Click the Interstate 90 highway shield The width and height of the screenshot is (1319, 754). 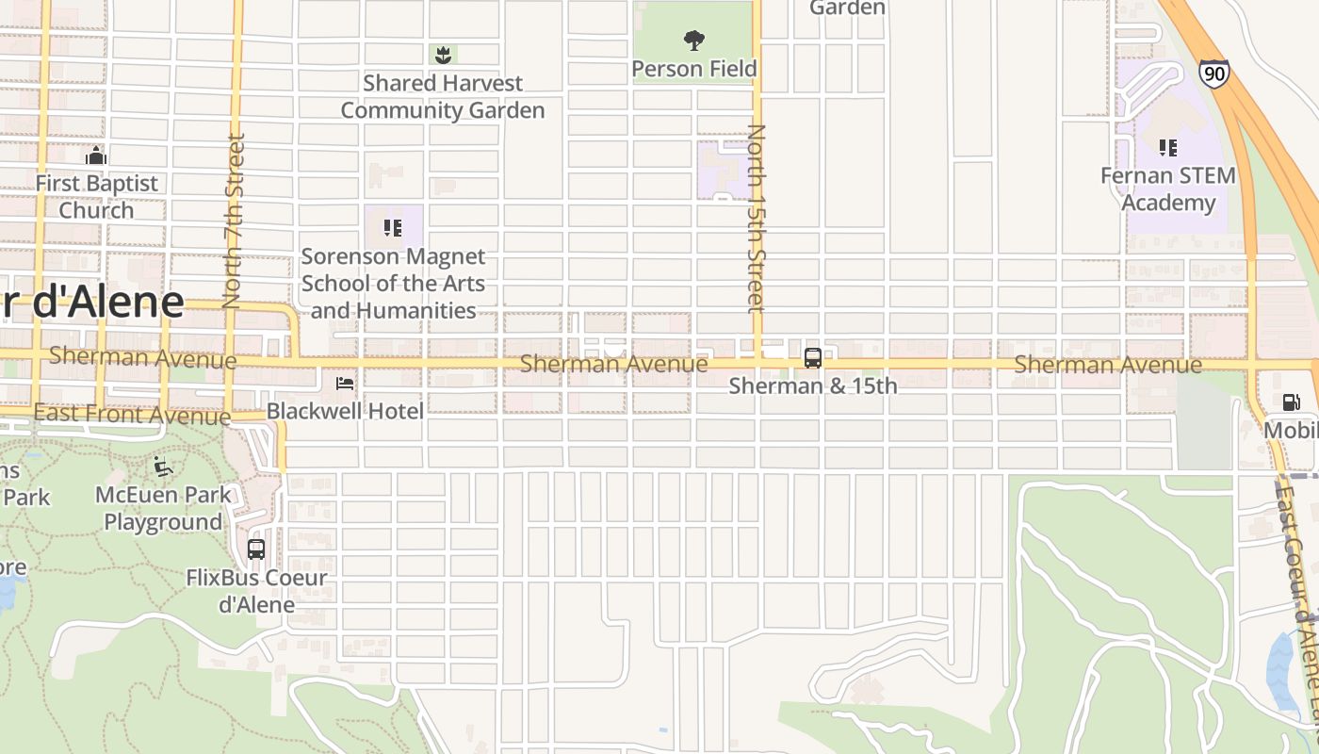point(1214,73)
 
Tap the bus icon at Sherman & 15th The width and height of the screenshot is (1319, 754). point(812,358)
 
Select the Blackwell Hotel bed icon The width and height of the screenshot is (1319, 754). point(346,384)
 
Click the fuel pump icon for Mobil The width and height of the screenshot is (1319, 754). point(1290,402)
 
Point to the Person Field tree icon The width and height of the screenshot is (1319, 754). point(694,41)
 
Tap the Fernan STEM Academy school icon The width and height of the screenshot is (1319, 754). point(1168,147)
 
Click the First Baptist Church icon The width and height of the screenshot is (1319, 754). point(96,156)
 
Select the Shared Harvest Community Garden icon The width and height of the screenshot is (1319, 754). point(443,55)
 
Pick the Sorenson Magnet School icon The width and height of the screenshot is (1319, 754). point(393,228)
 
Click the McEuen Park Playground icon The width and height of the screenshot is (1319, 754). point(163,467)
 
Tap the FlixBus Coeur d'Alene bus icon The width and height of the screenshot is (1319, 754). point(255,549)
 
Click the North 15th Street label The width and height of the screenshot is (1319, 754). point(757,219)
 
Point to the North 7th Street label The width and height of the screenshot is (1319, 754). point(234,221)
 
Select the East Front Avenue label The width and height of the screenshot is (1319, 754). point(132,414)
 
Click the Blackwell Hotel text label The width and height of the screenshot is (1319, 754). point(345,410)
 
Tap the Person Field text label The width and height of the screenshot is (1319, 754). point(694,69)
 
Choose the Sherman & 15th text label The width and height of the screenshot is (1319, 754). point(813,385)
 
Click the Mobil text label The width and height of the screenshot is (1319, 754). point(1291,431)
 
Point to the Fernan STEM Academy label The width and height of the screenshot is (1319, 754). point(1168,189)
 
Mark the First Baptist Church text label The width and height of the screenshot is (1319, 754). point(96,196)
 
